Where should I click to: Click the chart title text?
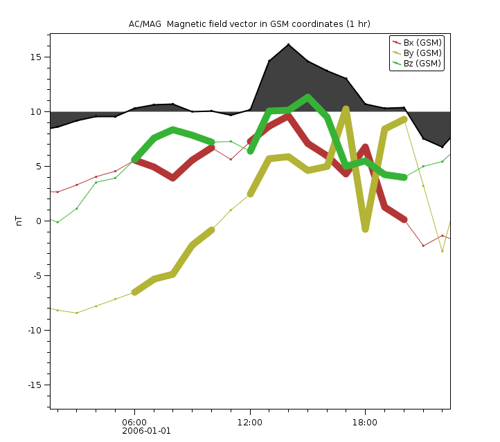(249, 24)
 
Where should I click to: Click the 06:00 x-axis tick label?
(134, 421)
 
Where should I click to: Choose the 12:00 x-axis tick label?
(250, 421)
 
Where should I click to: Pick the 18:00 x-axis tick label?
(365, 421)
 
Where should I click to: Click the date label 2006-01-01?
(146, 430)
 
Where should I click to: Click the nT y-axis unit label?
(19, 221)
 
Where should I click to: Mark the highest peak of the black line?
(288, 44)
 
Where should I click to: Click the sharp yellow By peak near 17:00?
(346, 109)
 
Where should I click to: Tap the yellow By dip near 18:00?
(365, 228)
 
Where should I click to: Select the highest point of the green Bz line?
(307, 98)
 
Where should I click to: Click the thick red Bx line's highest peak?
(288, 116)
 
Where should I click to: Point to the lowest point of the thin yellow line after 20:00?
(442, 251)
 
